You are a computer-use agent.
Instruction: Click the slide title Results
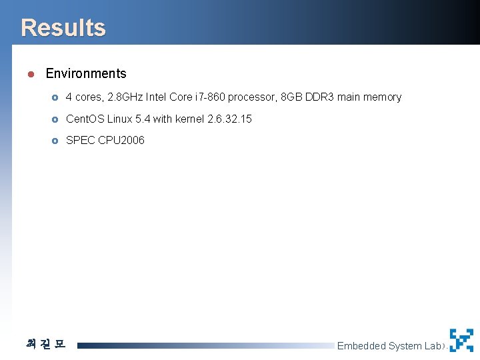pyautogui.click(x=63, y=28)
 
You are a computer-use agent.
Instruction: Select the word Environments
pyautogui.click(x=86, y=74)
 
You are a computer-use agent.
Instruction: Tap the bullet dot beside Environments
pyautogui.click(x=31, y=74)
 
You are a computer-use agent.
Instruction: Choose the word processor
pyautogui.click(x=253, y=97)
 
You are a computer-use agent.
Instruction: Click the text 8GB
pyautogui.click(x=291, y=97)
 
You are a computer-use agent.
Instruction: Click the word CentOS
pyautogui.click(x=85, y=119)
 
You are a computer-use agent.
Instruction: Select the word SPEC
pyautogui.click(x=80, y=141)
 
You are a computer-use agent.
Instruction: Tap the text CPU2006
pyautogui.click(x=121, y=141)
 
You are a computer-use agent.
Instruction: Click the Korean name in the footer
pyautogui.click(x=45, y=345)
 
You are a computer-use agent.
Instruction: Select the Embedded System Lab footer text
pyautogui.click(x=389, y=346)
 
